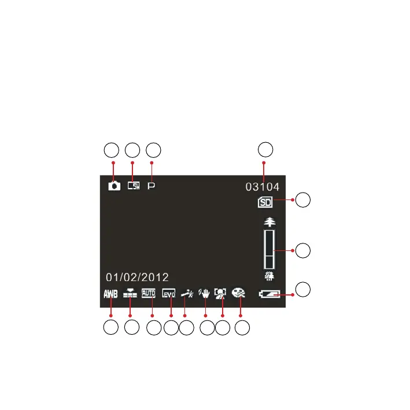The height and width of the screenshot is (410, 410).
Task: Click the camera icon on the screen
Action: [x=114, y=187]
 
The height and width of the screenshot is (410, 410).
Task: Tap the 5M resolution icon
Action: [x=134, y=187]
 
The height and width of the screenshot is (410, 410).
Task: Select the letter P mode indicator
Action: [x=152, y=187]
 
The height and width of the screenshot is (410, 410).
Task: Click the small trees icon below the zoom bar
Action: [x=269, y=276]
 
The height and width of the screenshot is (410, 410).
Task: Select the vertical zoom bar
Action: [x=269, y=249]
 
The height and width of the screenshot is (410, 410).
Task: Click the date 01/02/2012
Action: [x=136, y=277]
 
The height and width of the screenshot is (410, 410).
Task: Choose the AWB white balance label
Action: [x=110, y=293]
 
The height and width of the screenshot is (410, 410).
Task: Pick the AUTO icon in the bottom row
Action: [x=149, y=293]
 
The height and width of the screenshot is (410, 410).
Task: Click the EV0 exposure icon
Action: [x=168, y=293]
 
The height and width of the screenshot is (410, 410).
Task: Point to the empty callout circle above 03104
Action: [x=265, y=150]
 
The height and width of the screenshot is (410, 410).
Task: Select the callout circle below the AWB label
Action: [x=111, y=328]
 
